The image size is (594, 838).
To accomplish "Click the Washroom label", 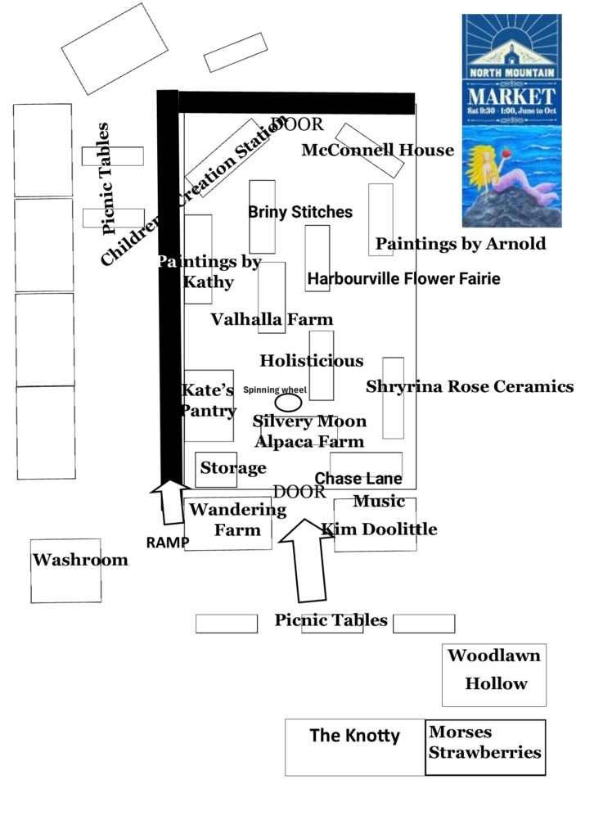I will point(80,561).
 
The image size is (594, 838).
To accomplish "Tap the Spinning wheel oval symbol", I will point(288,403).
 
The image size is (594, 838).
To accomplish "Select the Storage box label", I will point(233,468).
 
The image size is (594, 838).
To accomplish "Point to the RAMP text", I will point(168,542).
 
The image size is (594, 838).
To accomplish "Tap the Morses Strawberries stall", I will point(485,742).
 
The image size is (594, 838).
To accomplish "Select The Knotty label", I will point(354,736).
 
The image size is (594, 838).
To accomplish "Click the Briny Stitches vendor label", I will point(300,212).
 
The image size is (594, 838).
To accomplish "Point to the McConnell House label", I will point(377,151).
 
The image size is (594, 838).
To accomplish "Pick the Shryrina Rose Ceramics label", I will point(470,386).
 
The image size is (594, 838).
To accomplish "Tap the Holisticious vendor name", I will point(311,361).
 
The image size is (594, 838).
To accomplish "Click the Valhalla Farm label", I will point(272,320).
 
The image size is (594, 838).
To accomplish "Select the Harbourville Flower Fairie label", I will point(403,279).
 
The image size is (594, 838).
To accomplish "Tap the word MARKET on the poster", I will point(511,92).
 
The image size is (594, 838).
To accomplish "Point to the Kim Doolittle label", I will point(379,529).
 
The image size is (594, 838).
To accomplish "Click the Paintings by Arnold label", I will point(460,244).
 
